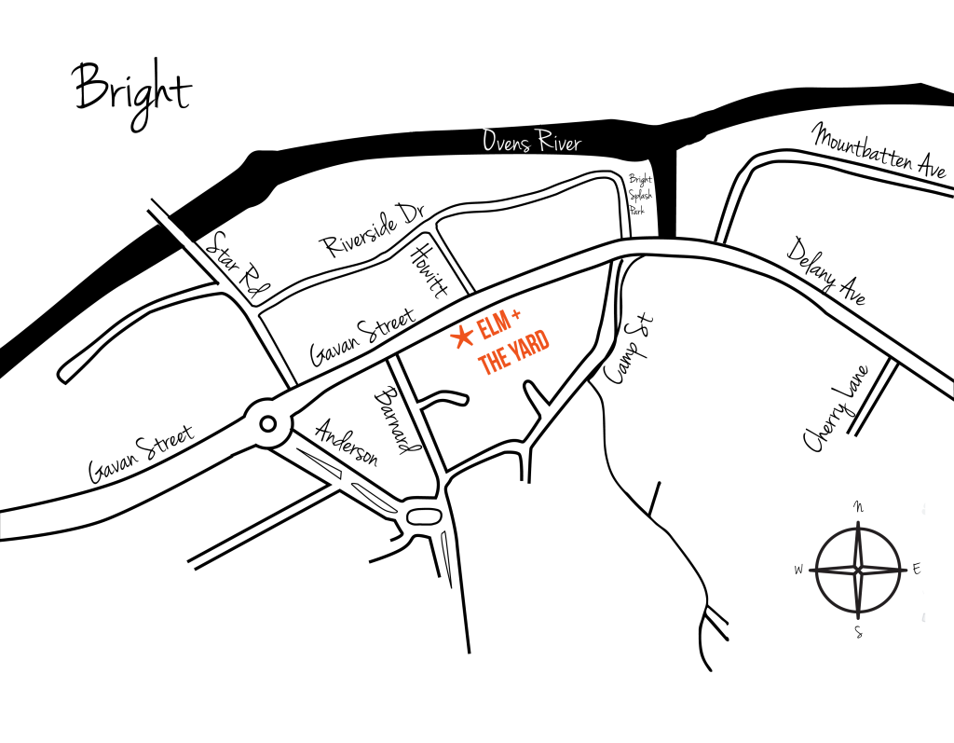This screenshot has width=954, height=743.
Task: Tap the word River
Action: (559, 143)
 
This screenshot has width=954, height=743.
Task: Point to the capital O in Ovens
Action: (489, 141)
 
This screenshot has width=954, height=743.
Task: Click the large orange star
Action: (462, 337)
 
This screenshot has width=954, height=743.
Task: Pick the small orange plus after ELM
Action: (516, 315)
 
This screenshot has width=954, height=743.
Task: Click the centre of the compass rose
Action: (858, 570)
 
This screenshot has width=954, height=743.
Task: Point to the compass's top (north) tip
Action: (858, 522)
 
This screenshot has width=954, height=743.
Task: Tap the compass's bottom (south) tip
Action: (858, 618)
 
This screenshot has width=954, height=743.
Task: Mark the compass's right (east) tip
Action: (906, 570)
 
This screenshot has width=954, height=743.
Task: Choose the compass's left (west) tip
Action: (810, 570)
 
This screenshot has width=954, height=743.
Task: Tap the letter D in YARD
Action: (542, 339)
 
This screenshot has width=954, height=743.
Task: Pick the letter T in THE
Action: (483, 366)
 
